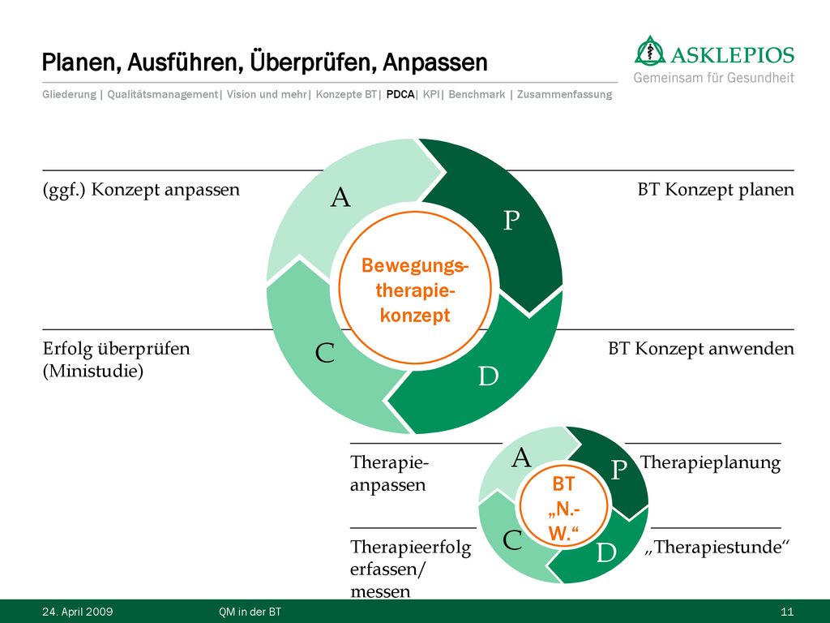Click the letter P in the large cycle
coord(511,220)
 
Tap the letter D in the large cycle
coord(489,376)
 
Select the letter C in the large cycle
coord(325,353)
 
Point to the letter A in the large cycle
coord(340,198)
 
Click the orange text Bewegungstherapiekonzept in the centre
coord(415,290)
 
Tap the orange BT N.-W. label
coord(563,509)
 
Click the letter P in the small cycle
coord(619,470)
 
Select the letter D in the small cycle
coord(606,552)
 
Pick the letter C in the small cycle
coord(512,540)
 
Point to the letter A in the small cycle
coord(521,458)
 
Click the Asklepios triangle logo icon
coord(651,51)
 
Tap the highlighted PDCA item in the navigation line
coord(400,94)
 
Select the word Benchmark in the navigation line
coord(477,94)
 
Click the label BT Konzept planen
coord(716,190)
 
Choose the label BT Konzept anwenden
coord(701,349)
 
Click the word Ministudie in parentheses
coord(93,371)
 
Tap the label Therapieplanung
coord(710,462)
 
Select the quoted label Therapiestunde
coord(717,547)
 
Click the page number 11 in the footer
coord(787,612)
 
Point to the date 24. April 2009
coord(77,612)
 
